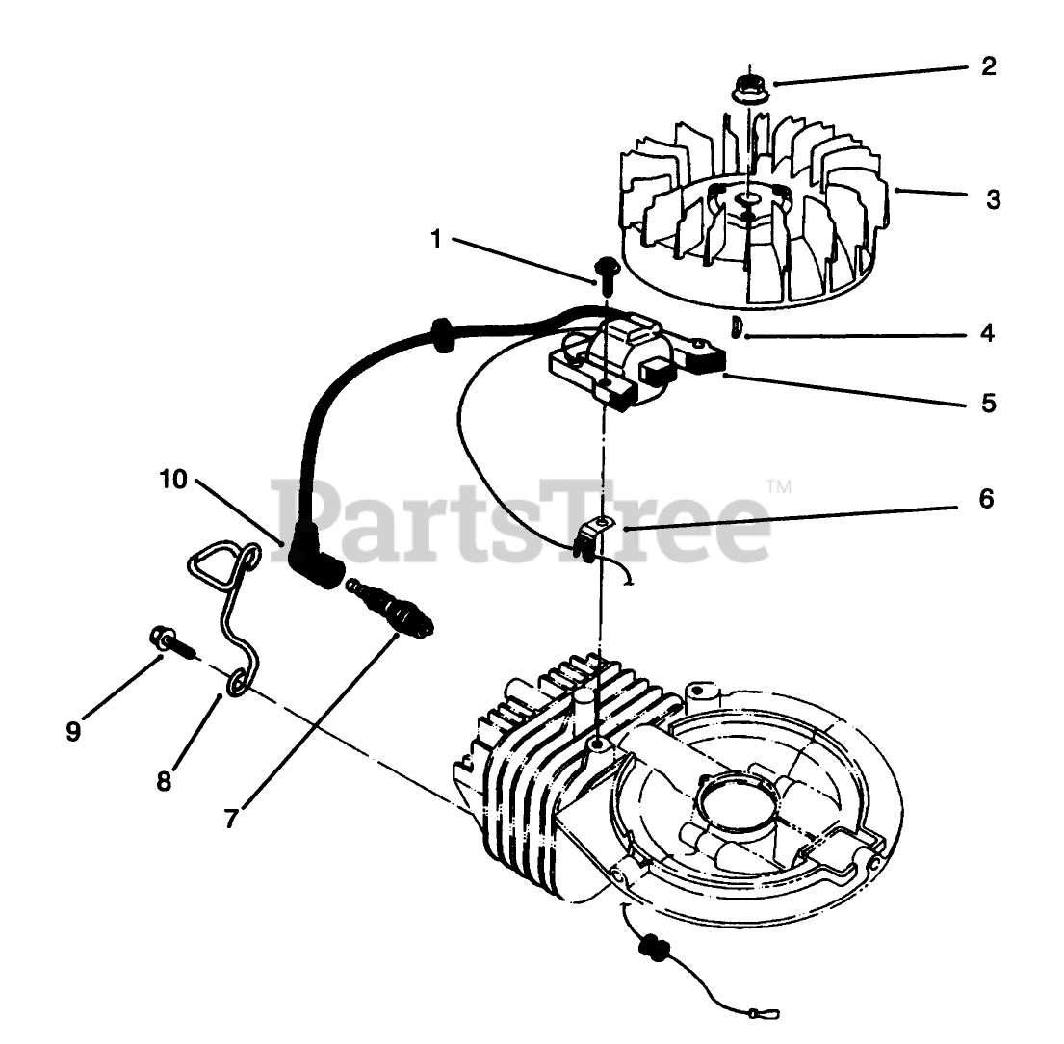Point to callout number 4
987,333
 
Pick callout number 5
989,402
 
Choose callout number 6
986,499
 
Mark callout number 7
230,817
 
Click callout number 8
164,779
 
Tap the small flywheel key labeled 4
736,327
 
